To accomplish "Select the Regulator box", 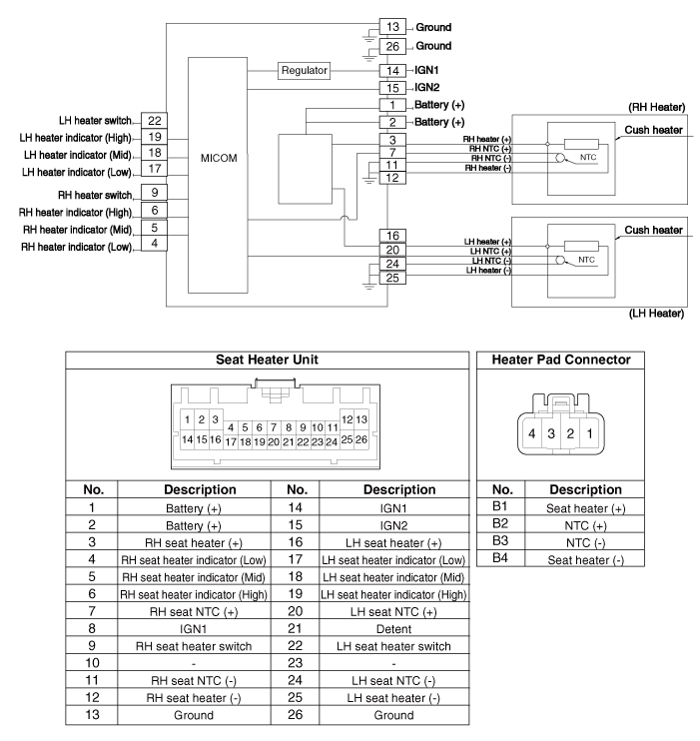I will [304, 72].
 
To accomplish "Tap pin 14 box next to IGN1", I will [393, 72].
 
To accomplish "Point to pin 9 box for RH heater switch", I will [154, 192].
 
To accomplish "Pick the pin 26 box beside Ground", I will [393, 46].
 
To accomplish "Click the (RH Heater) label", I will [655, 105].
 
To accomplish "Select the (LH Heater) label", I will [655, 314].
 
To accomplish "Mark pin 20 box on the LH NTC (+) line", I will [393, 250].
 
